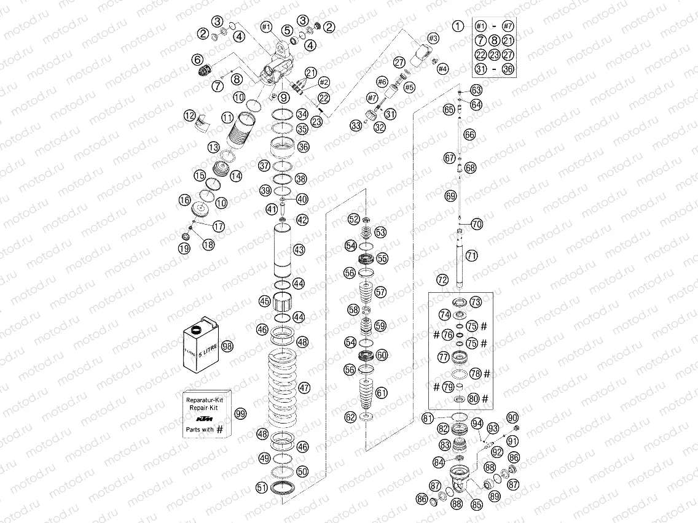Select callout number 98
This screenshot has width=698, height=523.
click(228, 346)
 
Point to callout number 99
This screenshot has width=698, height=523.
click(240, 414)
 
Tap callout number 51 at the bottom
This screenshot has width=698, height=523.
click(262, 487)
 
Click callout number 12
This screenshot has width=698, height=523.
click(189, 115)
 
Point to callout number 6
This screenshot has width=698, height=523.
click(197, 60)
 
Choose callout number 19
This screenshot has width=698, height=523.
click(184, 248)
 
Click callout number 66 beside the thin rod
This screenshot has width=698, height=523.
click(469, 134)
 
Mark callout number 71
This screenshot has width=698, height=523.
click(471, 255)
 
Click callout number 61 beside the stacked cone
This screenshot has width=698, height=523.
click(382, 393)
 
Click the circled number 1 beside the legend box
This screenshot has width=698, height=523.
click(458, 26)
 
